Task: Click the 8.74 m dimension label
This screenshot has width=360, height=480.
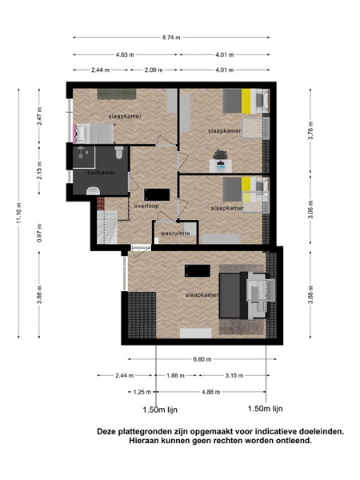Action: pos(171,38)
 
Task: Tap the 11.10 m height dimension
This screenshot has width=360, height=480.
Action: pos(19,213)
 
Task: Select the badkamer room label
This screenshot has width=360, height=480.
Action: pos(102,173)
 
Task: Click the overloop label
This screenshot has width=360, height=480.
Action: pos(146,206)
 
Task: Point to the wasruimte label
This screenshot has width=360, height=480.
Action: pos(175,234)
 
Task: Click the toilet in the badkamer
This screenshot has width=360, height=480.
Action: pos(119,152)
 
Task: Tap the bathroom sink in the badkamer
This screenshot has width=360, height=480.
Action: pos(93,190)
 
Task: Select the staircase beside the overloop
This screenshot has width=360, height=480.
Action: pos(107,226)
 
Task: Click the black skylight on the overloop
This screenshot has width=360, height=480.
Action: pos(157,194)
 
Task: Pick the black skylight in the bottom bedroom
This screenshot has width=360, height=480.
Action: pos(197,271)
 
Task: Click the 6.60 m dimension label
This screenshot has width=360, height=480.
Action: pos(202,359)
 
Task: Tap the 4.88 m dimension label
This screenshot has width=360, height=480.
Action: pos(211,392)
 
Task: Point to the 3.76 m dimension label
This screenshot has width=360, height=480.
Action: pos(310,130)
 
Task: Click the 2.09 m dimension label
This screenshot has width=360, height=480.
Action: pos(154,70)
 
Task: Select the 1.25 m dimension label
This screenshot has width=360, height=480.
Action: pos(142,392)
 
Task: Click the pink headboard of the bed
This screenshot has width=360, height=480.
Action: pos(74,133)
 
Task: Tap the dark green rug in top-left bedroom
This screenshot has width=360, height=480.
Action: pos(117,94)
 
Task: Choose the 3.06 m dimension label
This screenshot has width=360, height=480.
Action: pos(310,210)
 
